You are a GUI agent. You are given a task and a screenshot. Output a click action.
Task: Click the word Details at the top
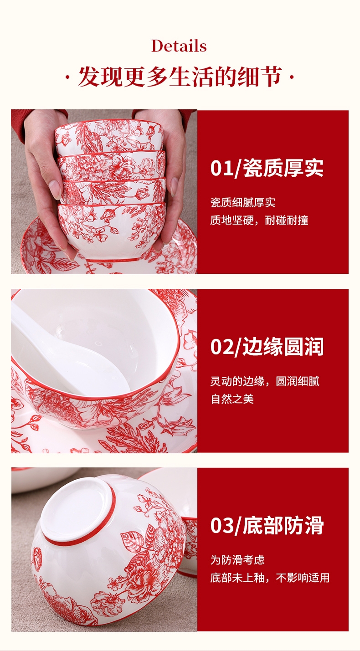pyautogui.click(x=179, y=46)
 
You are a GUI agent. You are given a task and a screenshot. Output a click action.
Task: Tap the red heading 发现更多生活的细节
pyautogui.click(x=180, y=77)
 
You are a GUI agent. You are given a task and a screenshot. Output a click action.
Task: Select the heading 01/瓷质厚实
pyautogui.click(x=267, y=168)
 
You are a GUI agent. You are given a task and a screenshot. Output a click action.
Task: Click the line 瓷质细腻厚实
pyautogui.click(x=243, y=203)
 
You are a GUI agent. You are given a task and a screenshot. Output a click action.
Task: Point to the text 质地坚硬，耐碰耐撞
pyautogui.click(x=259, y=220)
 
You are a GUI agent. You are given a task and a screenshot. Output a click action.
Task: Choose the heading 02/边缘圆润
pyautogui.click(x=267, y=347)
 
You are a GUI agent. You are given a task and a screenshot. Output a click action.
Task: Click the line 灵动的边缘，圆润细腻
pyautogui.click(x=265, y=381)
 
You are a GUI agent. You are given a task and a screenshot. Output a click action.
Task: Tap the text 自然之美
pyautogui.click(x=232, y=399)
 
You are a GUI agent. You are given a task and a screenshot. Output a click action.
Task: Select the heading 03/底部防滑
pyautogui.click(x=267, y=525)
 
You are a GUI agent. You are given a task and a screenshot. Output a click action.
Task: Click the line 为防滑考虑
pyautogui.click(x=237, y=560)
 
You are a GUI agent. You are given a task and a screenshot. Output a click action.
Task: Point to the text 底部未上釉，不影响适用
pyautogui.click(x=270, y=578)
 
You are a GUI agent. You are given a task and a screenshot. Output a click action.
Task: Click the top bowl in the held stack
pyautogui.click(x=109, y=136)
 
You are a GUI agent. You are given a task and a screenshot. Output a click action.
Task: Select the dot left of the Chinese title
pyautogui.click(x=67, y=77)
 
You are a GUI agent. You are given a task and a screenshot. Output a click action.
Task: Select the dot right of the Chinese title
pyautogui.click(x=292, y=77)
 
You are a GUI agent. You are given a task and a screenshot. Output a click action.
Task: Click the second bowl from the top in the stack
pyautogui.click(x=111, y=166)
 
